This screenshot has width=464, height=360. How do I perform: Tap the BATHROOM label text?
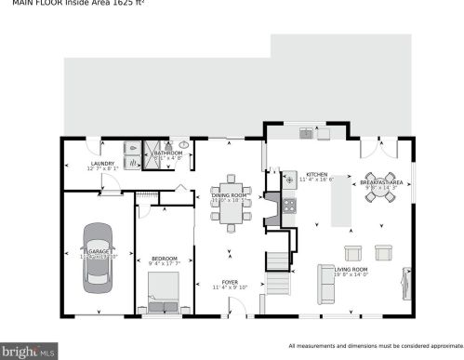tap(167, 153)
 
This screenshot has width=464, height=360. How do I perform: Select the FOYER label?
tap(230, 282)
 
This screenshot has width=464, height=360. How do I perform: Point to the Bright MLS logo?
tap(29, 351)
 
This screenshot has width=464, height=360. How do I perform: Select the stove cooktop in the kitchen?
tap(288, 177)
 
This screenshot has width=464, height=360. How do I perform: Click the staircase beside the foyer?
tap(279, 270)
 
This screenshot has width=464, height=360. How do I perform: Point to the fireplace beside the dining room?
tap(271, 210)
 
